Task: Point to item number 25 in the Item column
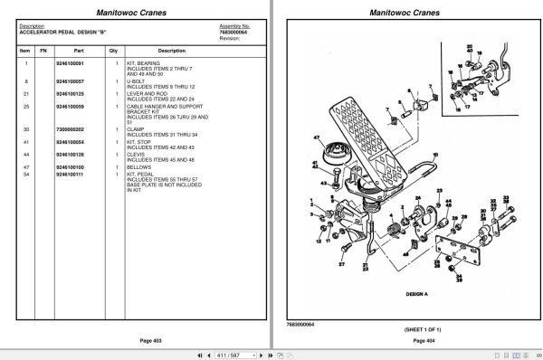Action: point(27,107)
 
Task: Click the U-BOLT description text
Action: point(137,81)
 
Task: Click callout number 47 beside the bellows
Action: point(318,137)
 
